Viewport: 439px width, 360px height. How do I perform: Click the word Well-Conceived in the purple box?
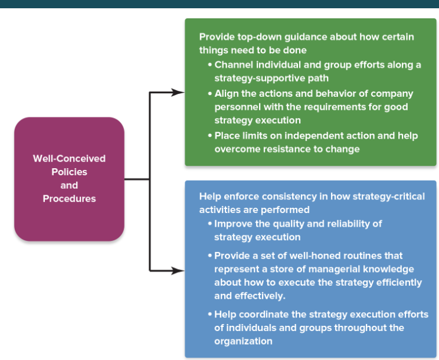(x=69, y=158)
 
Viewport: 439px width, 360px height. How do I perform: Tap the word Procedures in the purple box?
(x=69, y=199)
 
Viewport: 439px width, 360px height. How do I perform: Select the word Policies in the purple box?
(x=69, y=172)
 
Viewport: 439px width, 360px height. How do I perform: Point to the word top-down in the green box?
(x=265, y=37)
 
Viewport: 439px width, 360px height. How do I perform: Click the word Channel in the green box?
(x=234, y=65)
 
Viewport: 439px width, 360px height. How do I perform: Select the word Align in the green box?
(x=227, y=93)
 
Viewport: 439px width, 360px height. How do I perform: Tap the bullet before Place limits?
(x=210, y=136)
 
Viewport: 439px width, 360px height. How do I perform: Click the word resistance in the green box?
(x=281, y=149)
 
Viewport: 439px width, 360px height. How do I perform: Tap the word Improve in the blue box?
(x=234, y=224)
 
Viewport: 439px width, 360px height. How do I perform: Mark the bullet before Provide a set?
(x=210, y=256)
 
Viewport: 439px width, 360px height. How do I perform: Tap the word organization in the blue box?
(x=243, y=341)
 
